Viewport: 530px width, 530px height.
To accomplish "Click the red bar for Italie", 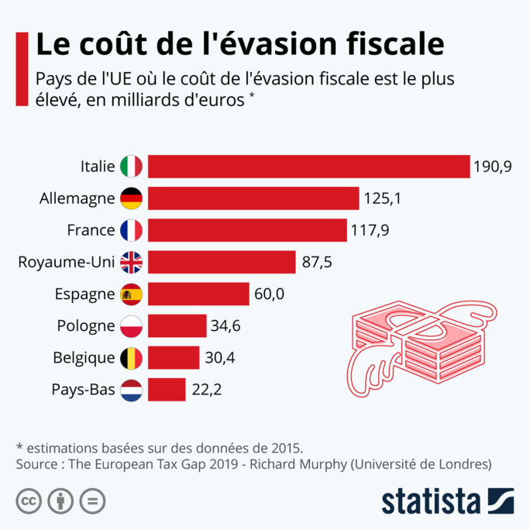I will (308, 167).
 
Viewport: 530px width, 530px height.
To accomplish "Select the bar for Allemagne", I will (253, 198).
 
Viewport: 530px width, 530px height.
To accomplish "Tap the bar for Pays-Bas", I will (167, 390).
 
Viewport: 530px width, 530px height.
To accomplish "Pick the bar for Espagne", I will (198, 294).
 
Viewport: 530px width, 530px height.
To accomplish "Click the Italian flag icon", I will (132, 167).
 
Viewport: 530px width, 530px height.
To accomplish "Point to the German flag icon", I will (132, 198).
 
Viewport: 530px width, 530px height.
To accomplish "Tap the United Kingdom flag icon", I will (132, 262).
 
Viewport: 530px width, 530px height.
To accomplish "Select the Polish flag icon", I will (132, 326).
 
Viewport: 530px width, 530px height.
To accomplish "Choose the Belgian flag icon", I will (132, 358).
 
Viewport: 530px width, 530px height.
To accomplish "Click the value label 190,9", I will (494, 167).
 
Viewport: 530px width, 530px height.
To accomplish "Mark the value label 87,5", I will (317, 262).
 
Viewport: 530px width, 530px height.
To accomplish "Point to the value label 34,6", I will (225, 326).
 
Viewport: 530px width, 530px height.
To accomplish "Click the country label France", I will (91, 230).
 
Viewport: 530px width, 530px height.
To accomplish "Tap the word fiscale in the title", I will (391, 43).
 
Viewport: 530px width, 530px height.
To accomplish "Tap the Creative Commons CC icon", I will (29, 501).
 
